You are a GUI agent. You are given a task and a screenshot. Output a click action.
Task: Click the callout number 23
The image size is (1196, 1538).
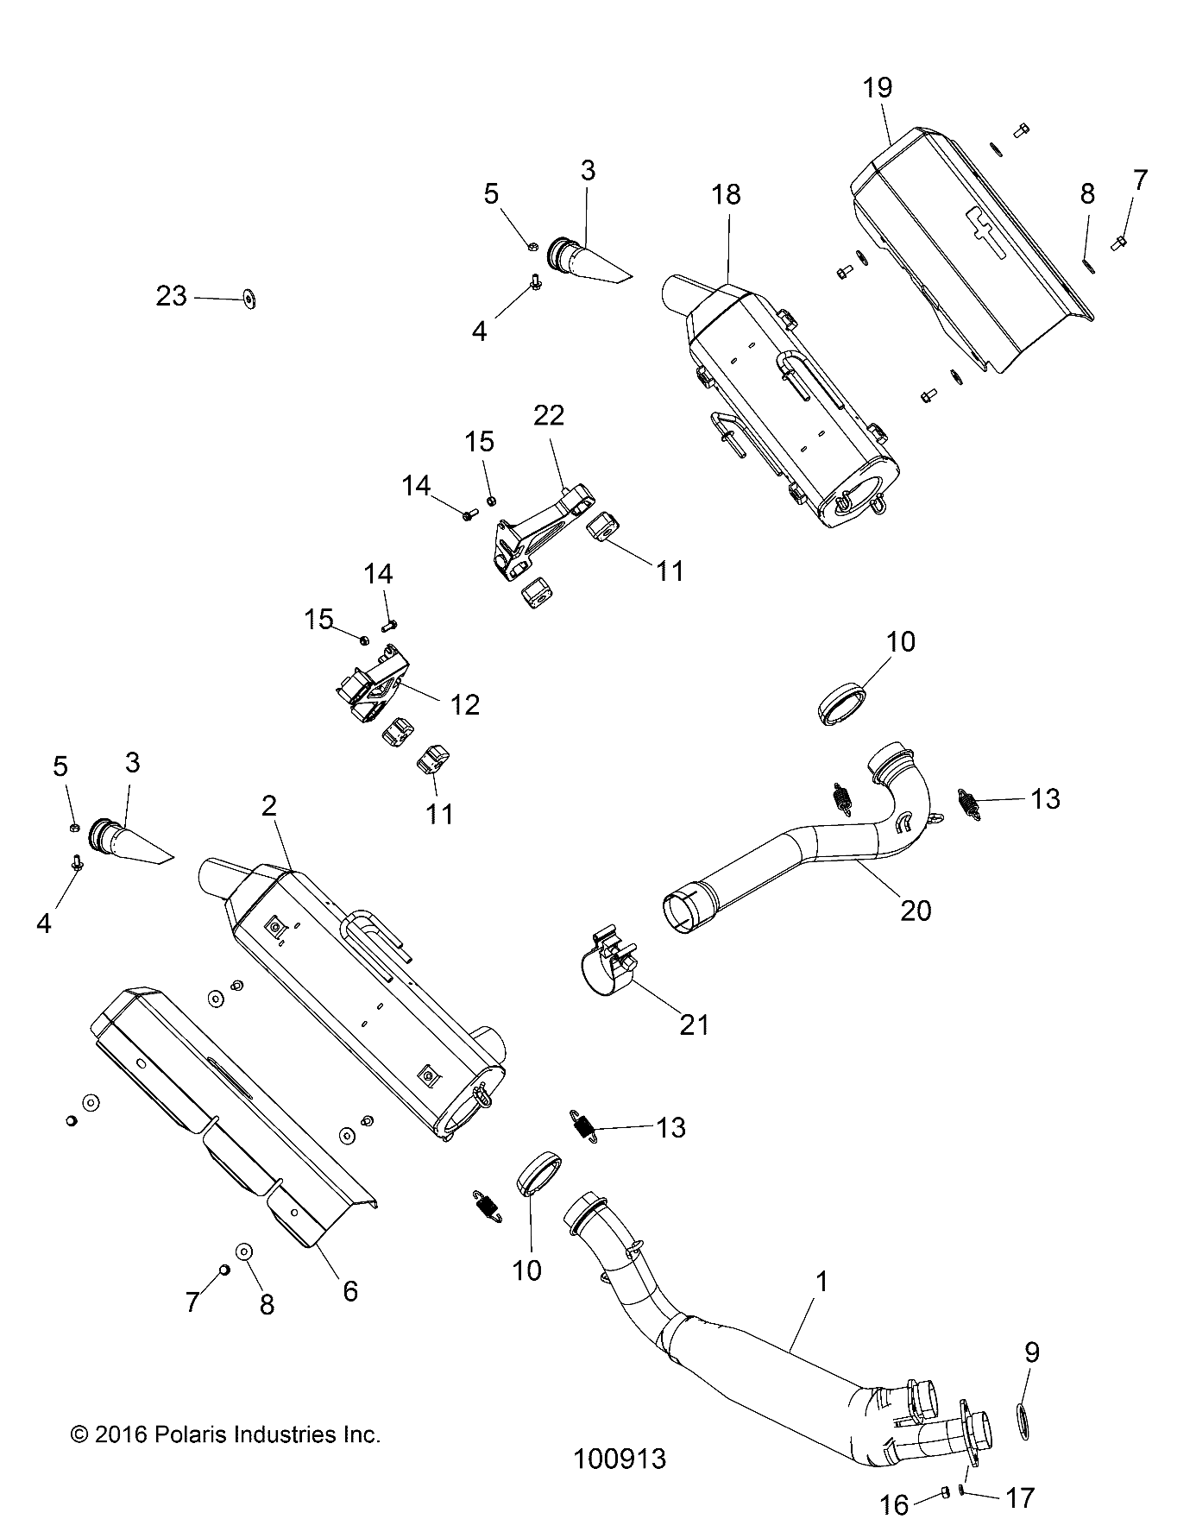coord(171,296)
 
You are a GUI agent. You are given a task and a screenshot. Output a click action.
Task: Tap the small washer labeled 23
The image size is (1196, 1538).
coord(250,299)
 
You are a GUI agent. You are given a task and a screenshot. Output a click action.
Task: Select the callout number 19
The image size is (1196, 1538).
coord(878,88)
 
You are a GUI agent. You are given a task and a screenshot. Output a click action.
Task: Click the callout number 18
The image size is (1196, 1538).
coord(727,195)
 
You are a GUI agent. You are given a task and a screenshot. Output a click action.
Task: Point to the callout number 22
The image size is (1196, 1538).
coord(549,415)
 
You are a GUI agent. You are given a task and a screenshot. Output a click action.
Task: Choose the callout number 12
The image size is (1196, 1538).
coord(465,704)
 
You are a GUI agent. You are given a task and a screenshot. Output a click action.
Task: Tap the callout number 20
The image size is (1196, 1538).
coord(916,910)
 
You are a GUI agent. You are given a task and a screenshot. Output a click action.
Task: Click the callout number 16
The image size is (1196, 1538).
coord(894,1505)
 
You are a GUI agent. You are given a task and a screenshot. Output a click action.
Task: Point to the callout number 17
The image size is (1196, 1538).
coord(1019,1497)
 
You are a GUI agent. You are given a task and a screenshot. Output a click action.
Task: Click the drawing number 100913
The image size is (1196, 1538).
coord(620,1459)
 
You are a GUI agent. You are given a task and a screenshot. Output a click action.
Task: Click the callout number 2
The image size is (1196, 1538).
coord(269,806)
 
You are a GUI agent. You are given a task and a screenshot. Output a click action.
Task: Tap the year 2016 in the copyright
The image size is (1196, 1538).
coord(118,1434)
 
